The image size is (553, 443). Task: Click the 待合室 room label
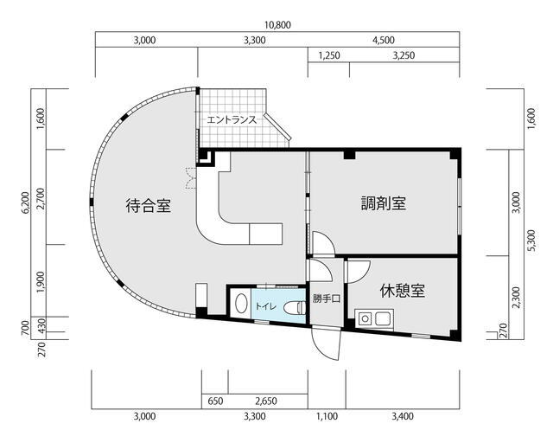pos(149,205)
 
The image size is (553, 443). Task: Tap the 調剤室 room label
pos(384,203)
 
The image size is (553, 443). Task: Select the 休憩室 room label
pos(403,291)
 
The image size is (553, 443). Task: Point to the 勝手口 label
pos(327,299)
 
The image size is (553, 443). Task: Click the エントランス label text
pos(232,119)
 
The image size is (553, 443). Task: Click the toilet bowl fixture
pos(295,307)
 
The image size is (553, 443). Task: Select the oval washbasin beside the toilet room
pos(241,304)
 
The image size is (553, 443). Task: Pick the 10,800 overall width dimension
pos(277,25)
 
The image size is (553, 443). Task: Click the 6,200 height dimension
pos(25,203)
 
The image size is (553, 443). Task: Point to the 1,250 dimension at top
pos(329,55)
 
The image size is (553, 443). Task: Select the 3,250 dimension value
pos(404,55)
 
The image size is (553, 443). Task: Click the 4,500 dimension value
pos(384,40)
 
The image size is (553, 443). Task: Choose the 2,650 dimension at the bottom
pos(266,401)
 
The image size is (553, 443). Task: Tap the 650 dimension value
pos(215,401)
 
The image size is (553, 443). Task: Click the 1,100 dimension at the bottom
pos(327,417)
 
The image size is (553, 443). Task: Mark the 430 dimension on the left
pos(41,324)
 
